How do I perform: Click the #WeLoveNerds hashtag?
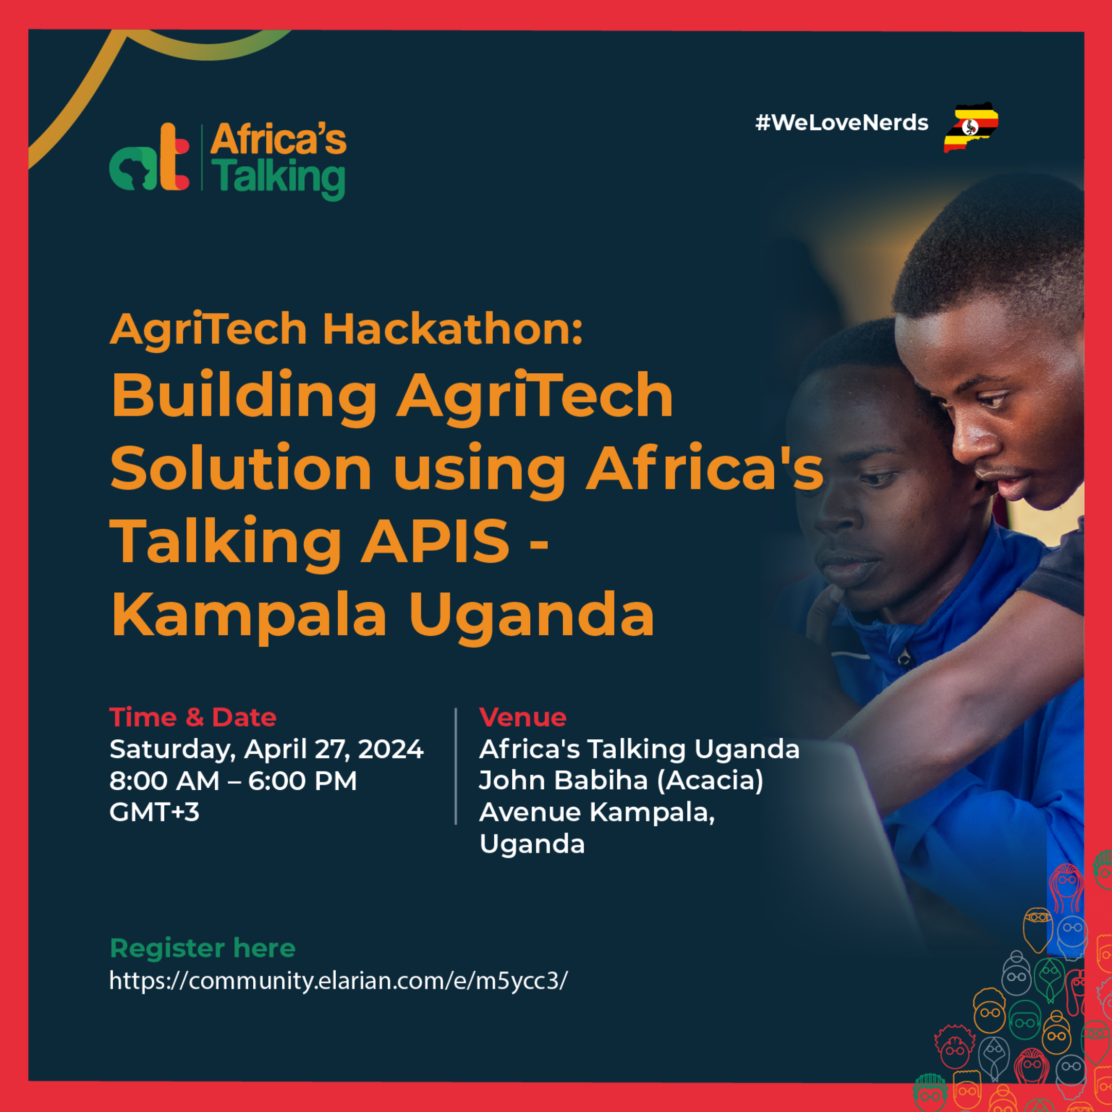(x=842, y=123)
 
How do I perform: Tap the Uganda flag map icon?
(x=971, y=127)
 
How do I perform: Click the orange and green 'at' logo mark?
(x=149, y=157)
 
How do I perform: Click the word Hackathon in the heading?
(x=453, y=330)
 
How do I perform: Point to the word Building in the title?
(x=244, y=396)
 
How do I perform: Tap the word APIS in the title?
(x=435, y=541)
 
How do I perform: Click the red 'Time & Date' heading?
(x=193, y=717)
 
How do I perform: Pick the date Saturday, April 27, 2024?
(x=266, y=749)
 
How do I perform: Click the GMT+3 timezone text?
(x=154, y=812)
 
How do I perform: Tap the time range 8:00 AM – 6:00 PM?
(x=233, y=780)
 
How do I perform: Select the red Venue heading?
(x=523, y=717)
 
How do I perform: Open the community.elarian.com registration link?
(x=338, y=980)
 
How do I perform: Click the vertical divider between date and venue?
(x=456, y=766)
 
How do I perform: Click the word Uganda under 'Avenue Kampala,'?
(x=532, y=844)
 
